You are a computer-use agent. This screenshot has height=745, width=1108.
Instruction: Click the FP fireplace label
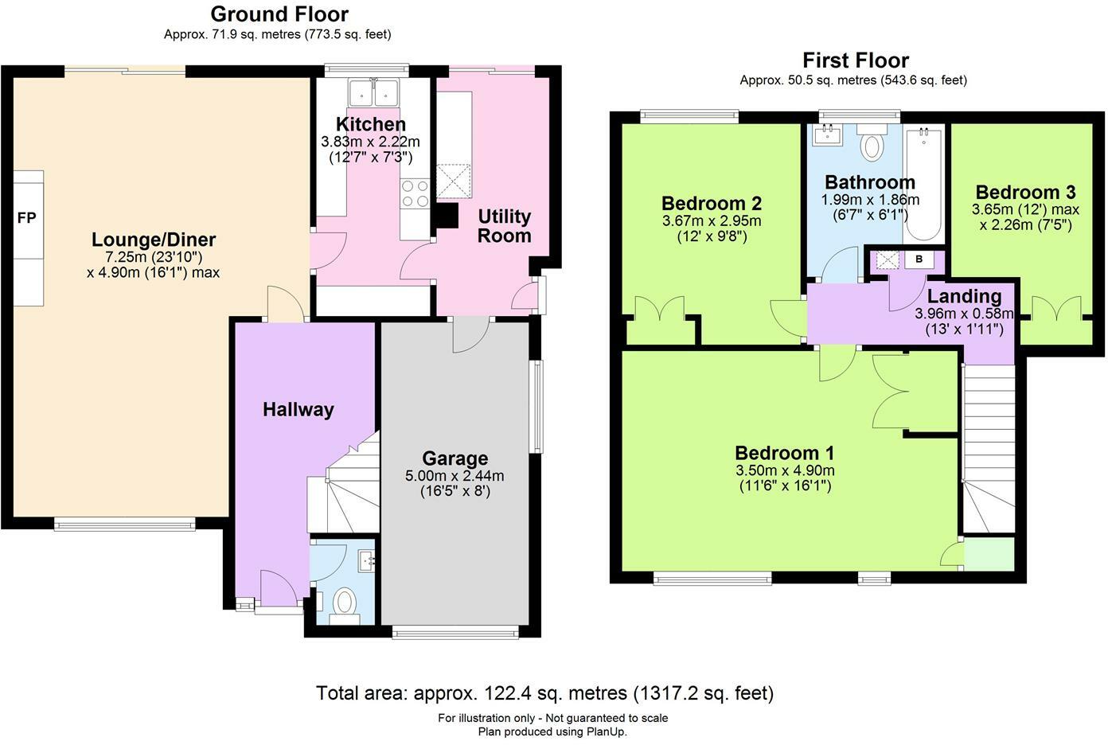click(x=26, y=217)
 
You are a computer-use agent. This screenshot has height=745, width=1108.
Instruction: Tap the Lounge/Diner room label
click(x=154, y=240)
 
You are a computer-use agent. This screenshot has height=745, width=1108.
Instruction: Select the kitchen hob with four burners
click(x=416, y=193)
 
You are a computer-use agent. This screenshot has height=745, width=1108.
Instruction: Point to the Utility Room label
click(x=504, y=226)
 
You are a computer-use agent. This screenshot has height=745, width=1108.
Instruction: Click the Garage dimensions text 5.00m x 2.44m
click(x=455, y=476)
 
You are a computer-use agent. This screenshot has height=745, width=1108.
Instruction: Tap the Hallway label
click(x=298, y=409)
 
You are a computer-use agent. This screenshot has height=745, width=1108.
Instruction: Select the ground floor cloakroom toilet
click(x=345, y=601)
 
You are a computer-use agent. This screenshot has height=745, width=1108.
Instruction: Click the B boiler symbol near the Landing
click(x=919, y=259)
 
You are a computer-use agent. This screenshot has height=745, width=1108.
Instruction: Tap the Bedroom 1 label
click(x=784, y=453)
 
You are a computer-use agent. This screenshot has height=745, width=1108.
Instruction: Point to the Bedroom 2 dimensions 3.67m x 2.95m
click(x=712, y=220)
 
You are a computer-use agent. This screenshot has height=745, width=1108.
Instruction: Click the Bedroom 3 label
click(x=1025, y=192)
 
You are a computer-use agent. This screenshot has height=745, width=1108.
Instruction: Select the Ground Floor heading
click(x=279, y=14)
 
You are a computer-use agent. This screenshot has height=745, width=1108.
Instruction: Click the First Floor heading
click(x=856, y=60)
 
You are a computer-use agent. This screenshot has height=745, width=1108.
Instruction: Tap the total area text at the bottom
click(x=545, y=693)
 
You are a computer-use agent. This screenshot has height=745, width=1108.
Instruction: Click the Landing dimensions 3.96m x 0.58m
click(x=964, y=314)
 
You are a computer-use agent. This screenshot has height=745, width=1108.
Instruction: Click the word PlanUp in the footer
click(x=607, y=731)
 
